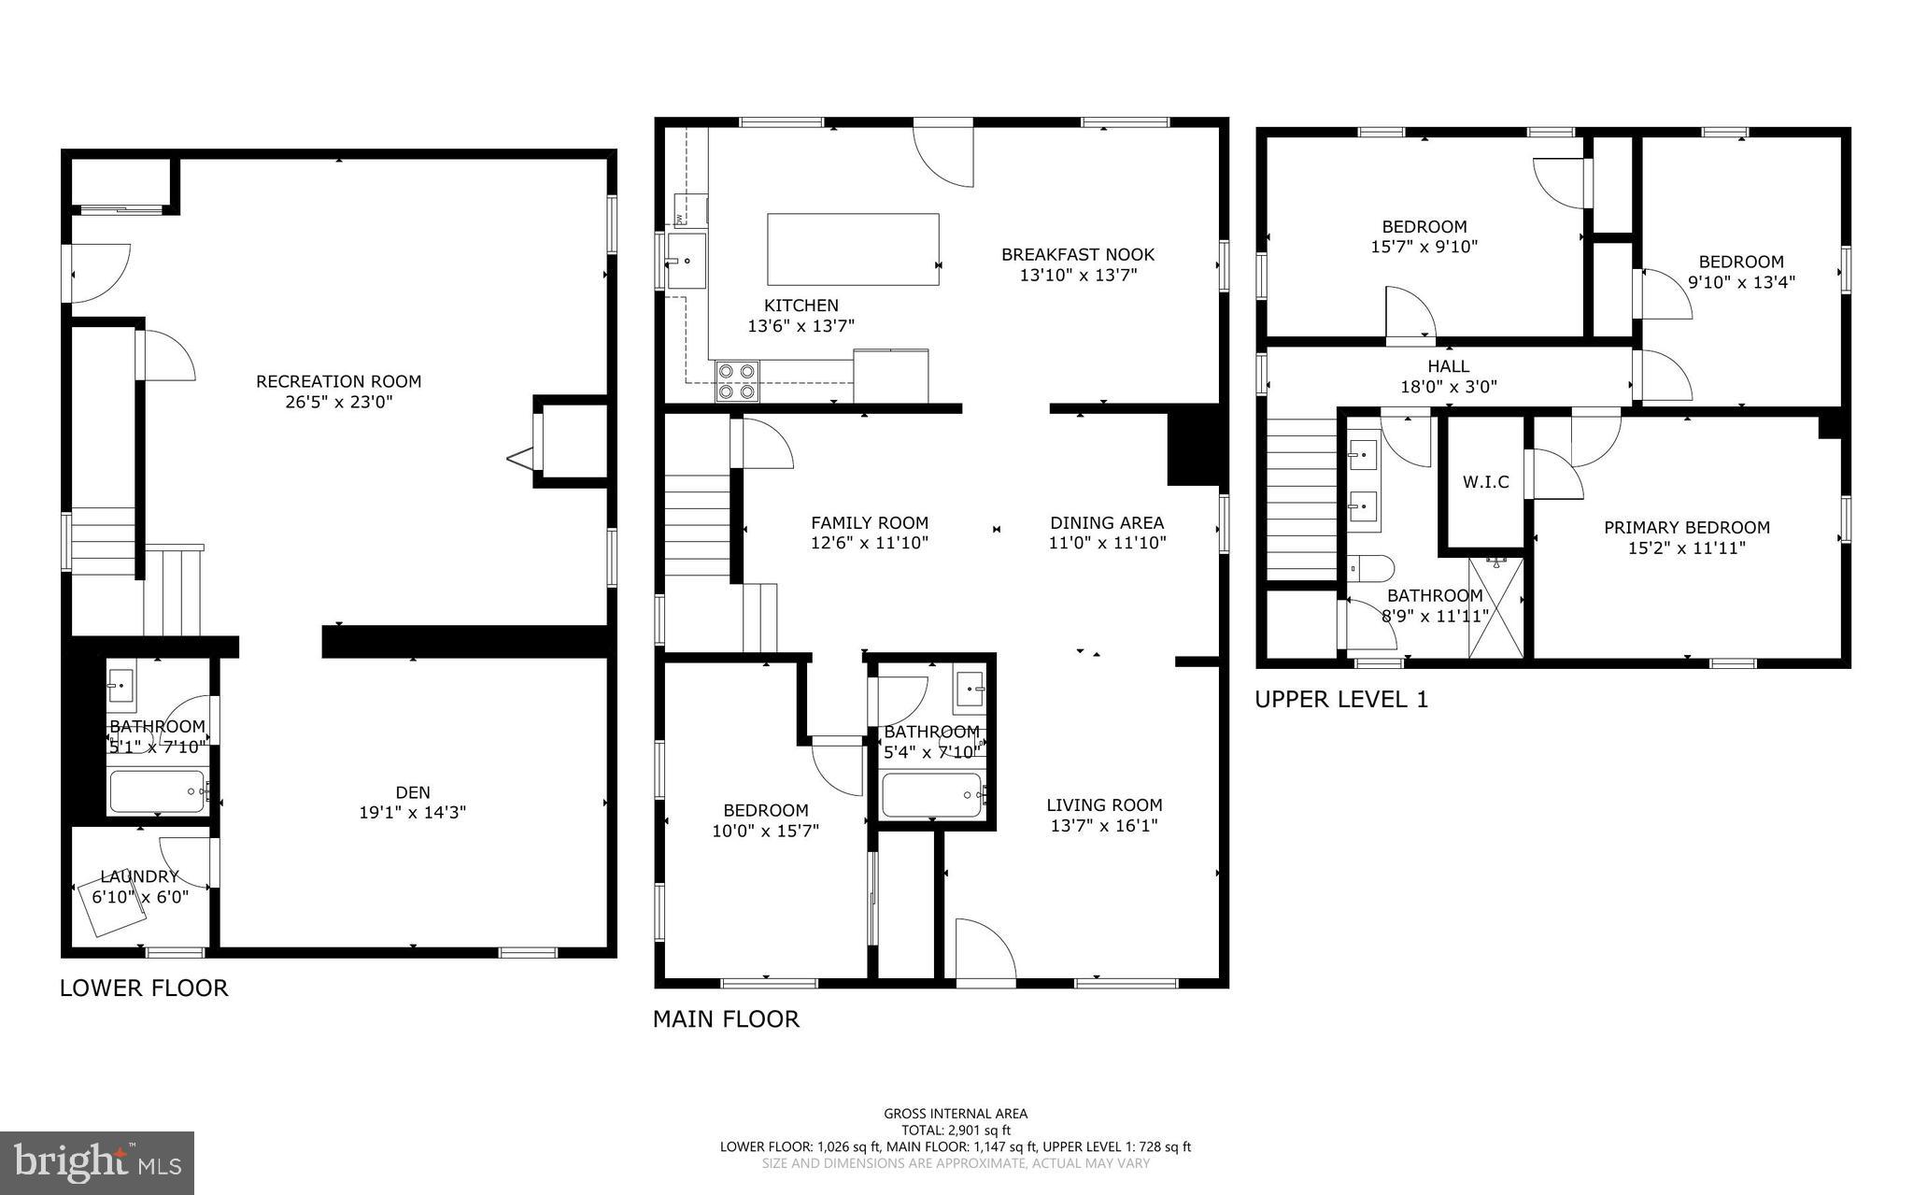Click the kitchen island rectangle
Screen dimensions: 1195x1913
click(x=853, y=249)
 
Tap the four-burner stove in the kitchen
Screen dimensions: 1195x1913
click(x=736, y=381)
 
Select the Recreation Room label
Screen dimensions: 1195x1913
click(x=338, y=381)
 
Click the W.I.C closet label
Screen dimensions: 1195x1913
click(x=1485, y=482)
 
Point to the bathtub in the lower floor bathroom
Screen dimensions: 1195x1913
click(x=157, y=791)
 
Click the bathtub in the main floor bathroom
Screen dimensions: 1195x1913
click(x=932, y=796)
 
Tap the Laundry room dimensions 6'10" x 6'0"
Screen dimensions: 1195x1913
click(x=140, y=897)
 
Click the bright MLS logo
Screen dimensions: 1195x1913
click(x=97, y=1162)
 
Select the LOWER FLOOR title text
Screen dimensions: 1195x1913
click(x=144, y=988)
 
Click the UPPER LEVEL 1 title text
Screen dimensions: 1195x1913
click(x=1341, y=699)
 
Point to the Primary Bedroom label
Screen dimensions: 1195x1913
click(x=1687, y=527)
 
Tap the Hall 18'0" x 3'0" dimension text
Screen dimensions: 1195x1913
click(x=1448, y=387)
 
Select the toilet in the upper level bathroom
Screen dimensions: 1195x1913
click(x=1373, y=567)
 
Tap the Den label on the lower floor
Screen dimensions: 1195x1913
click(x=413, y=792)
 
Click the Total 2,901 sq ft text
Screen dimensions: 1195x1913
click(x=956, y=1130)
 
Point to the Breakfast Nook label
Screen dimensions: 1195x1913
click(x=1078, y=254)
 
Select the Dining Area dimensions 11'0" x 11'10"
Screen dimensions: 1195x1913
click(x=1107, y=543)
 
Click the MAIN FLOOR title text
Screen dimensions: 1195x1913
click(x=726, y=1018)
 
